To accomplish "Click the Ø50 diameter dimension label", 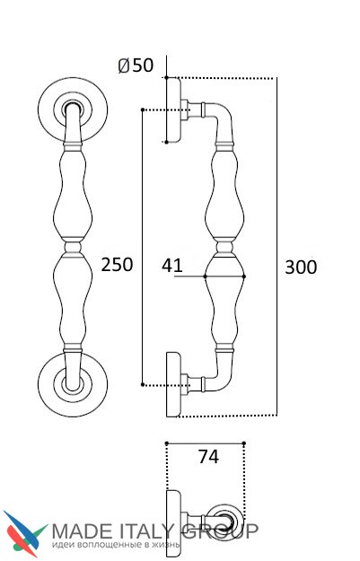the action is click(136, 66).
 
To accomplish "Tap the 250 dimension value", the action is click(117, 265).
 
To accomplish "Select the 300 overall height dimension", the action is click(301, 267).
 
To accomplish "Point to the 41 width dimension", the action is click(171, 266).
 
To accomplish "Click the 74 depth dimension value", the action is click(208, 457).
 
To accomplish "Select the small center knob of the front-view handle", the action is click(73, 247).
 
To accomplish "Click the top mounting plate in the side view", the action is click(174, 110).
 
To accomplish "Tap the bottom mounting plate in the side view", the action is click(174, 384).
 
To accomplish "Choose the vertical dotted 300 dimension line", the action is click(277, 247).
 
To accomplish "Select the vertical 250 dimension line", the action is click(143, 247).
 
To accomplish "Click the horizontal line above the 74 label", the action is click(205, 443).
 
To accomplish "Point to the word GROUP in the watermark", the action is click(219, 531).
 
